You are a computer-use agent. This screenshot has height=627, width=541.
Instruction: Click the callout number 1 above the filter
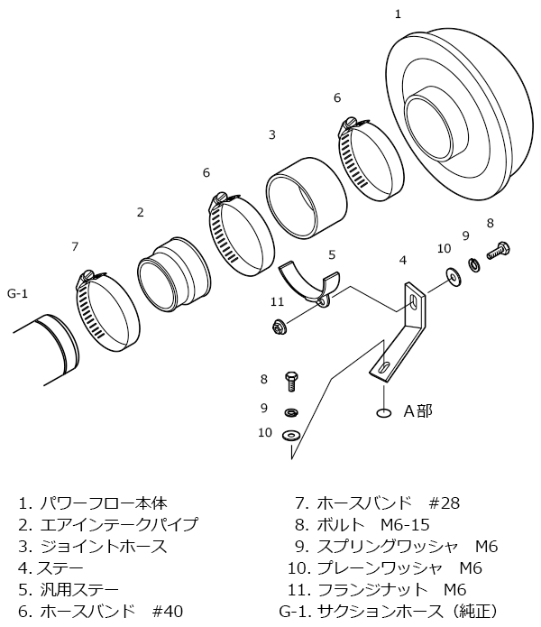(x=398, y=14)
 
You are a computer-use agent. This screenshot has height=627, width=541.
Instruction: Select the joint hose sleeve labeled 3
(x=307, y=194)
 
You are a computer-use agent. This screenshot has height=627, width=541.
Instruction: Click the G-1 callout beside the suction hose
(x=18, y=293)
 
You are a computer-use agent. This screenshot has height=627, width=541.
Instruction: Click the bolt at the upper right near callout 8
(x=499, y=249)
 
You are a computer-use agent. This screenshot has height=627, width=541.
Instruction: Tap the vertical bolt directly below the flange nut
(x=290, y=380)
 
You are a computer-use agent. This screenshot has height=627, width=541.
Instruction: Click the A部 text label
(x=417, y=411)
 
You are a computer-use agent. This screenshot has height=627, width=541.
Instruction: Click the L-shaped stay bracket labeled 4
(x=406, y=329)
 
